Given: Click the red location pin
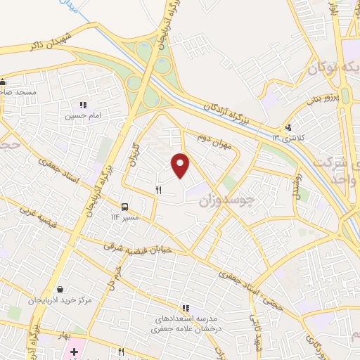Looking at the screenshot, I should [181, 164].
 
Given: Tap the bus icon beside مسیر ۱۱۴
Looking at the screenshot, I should [124, 207].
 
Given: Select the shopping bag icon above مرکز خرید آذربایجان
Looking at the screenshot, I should [60, 289].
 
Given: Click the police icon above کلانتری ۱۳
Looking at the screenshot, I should [288, 128].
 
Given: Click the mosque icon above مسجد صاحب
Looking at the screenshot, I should [4, 81].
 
